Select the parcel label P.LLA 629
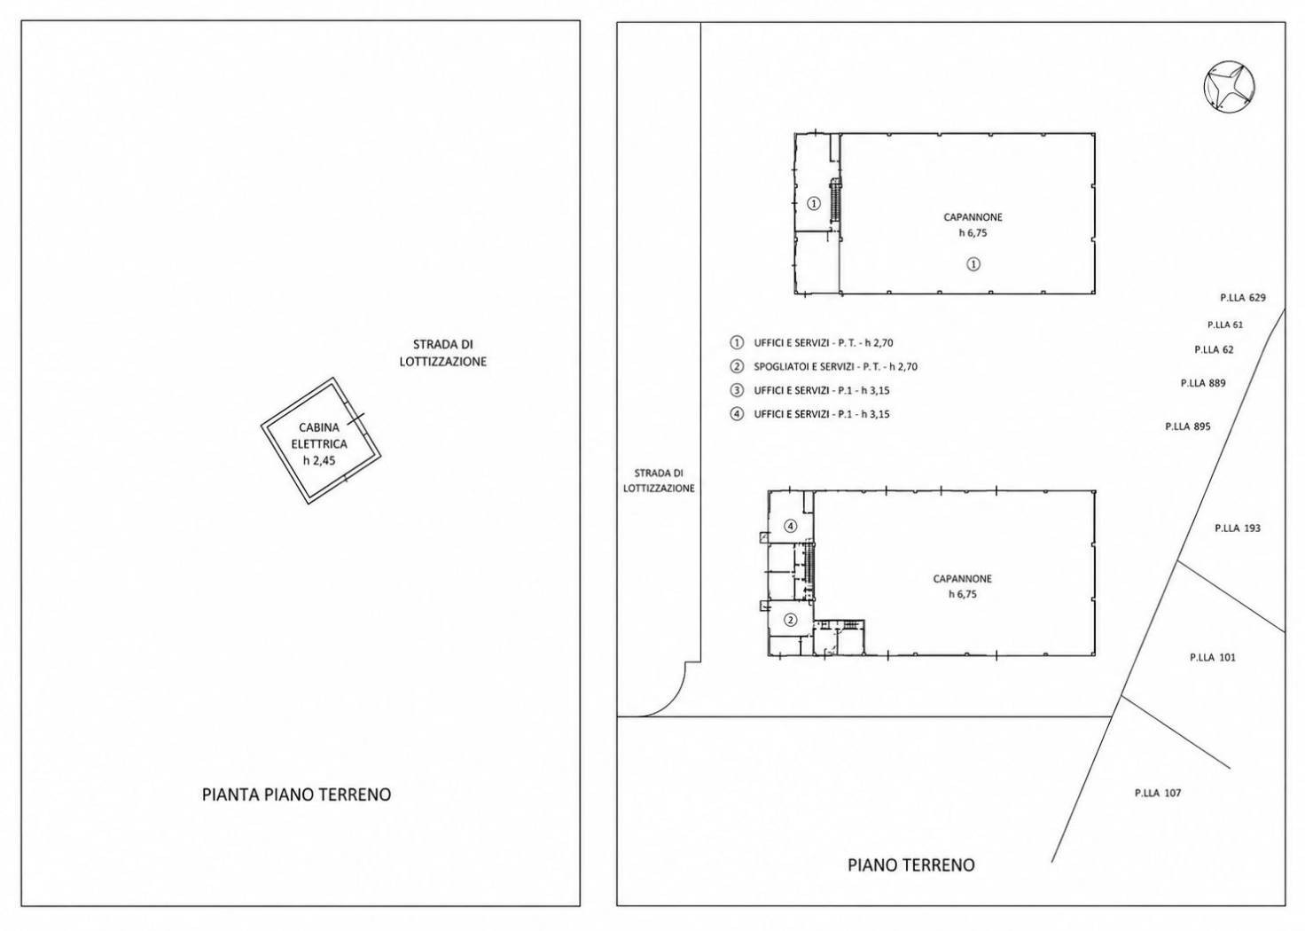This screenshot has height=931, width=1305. click(1243, 298)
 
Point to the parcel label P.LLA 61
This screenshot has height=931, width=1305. click(1224, 325)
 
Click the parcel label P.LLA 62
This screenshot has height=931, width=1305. click(1214, 349)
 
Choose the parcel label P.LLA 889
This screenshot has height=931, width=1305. click(1203, 383)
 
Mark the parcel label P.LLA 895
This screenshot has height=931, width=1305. click(1187, 426)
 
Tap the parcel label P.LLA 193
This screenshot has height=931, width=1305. click(1238, 528)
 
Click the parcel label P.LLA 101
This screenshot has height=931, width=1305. click(1213, 658)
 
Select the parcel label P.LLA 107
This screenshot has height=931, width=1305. click(1158, 793)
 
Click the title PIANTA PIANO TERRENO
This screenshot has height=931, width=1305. click(296, 794)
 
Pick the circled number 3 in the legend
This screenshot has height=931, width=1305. click(737, 390)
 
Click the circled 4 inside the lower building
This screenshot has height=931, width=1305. click(791, 527)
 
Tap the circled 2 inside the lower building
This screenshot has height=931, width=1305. click(791, 620)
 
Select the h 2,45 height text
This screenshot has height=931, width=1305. click(319, 460)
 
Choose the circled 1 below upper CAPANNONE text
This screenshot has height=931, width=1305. click(973, 264)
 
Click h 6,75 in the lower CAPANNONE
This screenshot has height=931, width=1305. click(962, 595)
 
